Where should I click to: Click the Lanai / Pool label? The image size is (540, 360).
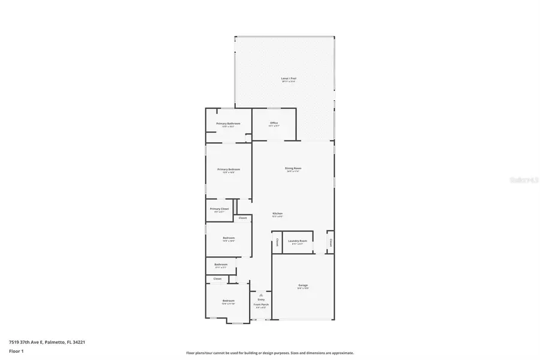point(289,79)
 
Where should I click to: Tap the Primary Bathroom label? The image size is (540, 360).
point(228,124)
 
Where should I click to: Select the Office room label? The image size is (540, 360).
point(274,123)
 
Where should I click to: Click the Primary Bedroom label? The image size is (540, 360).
point(229,169)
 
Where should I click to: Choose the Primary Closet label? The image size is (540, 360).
point(219,209)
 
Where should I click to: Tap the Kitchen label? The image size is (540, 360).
point(277,214)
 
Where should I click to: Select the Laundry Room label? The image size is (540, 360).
point(298,241)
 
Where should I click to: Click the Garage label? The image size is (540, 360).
point(302,285)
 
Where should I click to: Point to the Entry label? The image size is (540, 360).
point(261,299)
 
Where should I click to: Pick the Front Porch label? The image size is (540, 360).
point(261,305)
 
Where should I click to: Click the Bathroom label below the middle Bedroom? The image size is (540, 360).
point(221,264)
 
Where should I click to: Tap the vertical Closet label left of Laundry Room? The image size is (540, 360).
point(277,242)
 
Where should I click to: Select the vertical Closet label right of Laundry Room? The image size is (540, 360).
point(330,242)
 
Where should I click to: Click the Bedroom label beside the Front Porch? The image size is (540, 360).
point(228,301)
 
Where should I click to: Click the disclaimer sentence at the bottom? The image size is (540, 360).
point(269,353)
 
